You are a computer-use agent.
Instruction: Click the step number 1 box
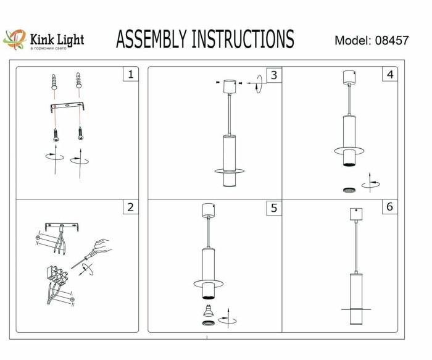point(130,75)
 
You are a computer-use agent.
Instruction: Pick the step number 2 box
point(130,207)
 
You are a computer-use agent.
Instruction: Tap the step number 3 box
point(274,75)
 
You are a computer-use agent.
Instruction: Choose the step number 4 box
point(389,75)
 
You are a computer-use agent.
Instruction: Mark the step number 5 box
point(274,208)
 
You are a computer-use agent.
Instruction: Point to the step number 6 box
point(389,207)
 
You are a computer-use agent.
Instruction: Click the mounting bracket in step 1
point(67,109)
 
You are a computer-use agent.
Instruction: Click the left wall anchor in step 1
point(55,82)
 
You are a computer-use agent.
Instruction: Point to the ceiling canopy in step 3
point(230,85)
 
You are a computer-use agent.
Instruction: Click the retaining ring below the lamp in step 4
point(349,190)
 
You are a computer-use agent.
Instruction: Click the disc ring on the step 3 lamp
point(230,170)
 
